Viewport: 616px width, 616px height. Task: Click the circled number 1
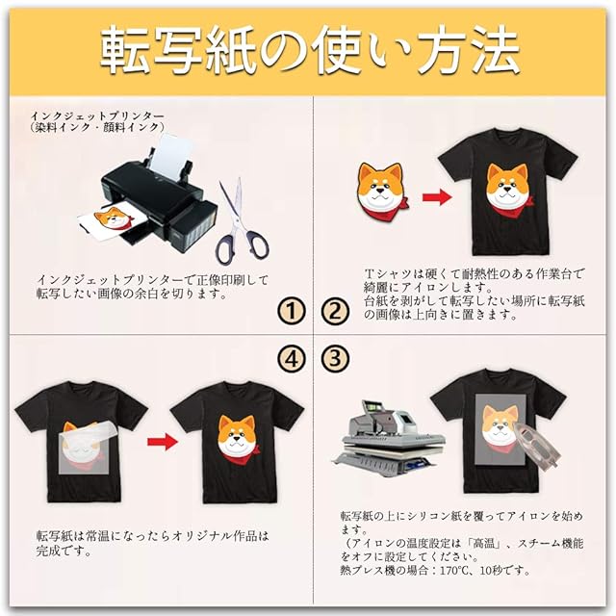point(292,311)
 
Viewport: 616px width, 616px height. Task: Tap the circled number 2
point(335,311)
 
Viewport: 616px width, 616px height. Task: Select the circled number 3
point(335,358)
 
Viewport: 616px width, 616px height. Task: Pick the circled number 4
point(292,358)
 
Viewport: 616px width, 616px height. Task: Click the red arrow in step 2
point(437,197)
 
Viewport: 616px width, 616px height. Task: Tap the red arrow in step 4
point(163,442)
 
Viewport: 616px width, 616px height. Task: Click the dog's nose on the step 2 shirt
point(508,189)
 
